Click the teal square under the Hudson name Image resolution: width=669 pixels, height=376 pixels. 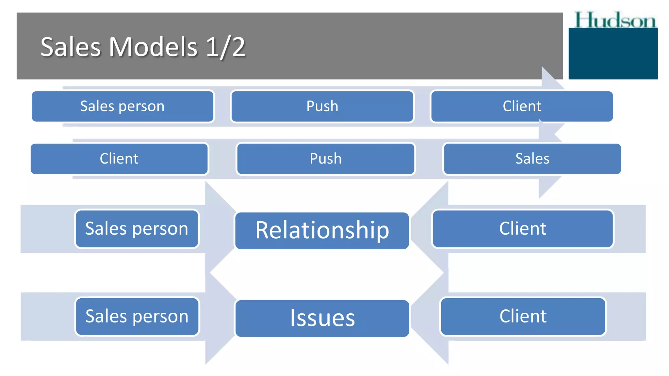[x=613, y=54]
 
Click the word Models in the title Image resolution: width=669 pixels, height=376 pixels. [x=153, y=47]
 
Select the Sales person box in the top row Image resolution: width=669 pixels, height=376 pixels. [x=122, y=106]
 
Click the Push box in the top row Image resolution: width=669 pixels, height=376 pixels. [x=322, y=106]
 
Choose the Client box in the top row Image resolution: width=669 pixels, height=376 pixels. [x=522, y=106]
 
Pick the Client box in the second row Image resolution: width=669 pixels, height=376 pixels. [x=119, y=159]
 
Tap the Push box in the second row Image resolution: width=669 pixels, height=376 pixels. [x=325, y=159]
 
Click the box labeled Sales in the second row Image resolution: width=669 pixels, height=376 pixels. [x=532, y=159]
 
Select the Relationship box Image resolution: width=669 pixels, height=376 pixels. [x=322, y=230]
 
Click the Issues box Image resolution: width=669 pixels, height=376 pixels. [x=322, y=318]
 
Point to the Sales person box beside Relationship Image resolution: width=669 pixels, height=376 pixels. [x=137, y=228]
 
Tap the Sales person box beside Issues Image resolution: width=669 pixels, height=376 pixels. [x=137, y=316]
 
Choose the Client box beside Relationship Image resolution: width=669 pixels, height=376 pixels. [x=523, y=228]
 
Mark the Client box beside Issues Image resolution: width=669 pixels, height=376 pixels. [x=523, y=316]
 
